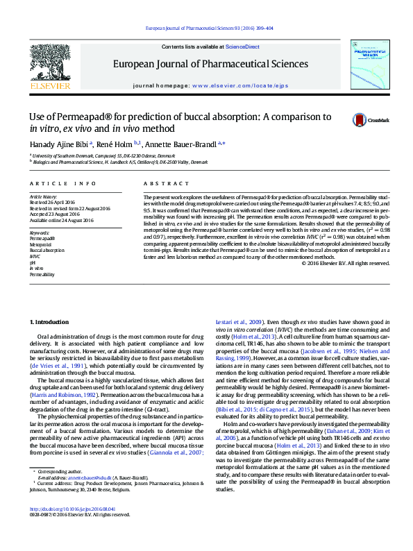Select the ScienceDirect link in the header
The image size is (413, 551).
(x=242, y=46)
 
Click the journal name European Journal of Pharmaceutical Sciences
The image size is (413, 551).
(x=210, y=63)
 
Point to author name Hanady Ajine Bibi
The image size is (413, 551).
(x=61, y=144)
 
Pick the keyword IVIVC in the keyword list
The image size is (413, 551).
(x=35, y=257)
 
